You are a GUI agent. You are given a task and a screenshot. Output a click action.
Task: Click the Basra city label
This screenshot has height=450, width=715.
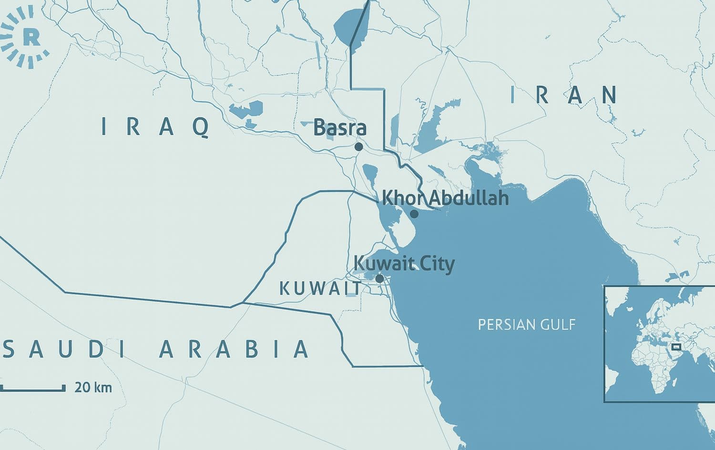[x=340, y=128]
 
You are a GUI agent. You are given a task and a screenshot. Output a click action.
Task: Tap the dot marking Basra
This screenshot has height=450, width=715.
[x=358, y=147]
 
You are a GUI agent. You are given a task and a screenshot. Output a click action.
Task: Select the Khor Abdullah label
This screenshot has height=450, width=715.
[x=446, y=198]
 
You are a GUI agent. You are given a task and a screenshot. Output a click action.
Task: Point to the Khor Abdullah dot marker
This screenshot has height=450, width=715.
[x=414, y=214]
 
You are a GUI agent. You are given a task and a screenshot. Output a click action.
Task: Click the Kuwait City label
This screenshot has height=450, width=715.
[x=404, y=264]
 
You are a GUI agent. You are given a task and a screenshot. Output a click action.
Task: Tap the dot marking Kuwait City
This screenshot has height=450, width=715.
[x=379, y=278]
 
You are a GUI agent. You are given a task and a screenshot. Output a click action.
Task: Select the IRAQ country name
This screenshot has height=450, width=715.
[x=156, y=127]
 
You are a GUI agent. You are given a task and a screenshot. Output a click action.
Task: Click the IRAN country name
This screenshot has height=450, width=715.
[x=564, y=95]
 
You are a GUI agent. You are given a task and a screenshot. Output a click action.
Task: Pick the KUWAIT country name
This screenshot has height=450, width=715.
[x=320, y=289]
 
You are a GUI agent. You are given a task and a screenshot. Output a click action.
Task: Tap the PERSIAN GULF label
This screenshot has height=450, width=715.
[x=527, y=325]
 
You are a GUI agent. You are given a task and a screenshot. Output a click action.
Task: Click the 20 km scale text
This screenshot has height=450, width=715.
[x=93, y=387]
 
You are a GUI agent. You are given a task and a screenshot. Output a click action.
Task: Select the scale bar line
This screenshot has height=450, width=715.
[x=32, y=390]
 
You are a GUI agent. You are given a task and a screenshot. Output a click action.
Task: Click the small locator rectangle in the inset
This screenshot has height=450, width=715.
[x=676, y=347]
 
